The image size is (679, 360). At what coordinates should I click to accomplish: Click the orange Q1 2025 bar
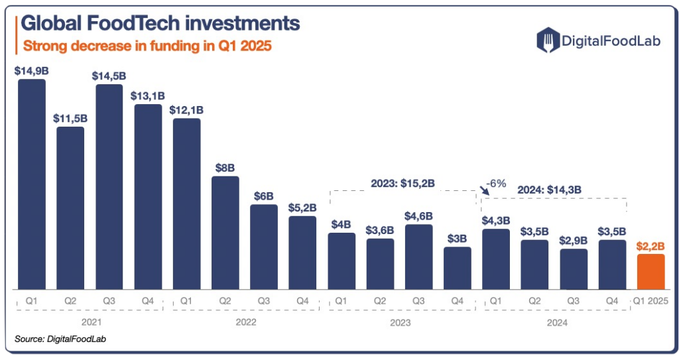click(x=650, y=272)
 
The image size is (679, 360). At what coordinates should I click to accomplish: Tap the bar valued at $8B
click(x=225, y=233)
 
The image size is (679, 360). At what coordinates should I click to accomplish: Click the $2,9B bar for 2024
click(x=574, y=269)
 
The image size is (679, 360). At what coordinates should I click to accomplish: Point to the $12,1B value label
click(x=186, y=109)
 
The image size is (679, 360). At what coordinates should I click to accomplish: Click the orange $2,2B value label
click(x=650, y=246)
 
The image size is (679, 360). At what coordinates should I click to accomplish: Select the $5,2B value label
click(x=302, y=208)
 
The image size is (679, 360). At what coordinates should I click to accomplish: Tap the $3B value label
click(x=458, y=239)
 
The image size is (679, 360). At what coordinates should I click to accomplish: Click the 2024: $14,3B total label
click(x=550, y=189)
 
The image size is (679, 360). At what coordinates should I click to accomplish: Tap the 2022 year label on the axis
click(x=245, y=323)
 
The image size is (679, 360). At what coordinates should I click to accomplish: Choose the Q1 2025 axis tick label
click(x=650, y=301)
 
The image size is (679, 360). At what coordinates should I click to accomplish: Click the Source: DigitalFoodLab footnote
click(x=61, y=339)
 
